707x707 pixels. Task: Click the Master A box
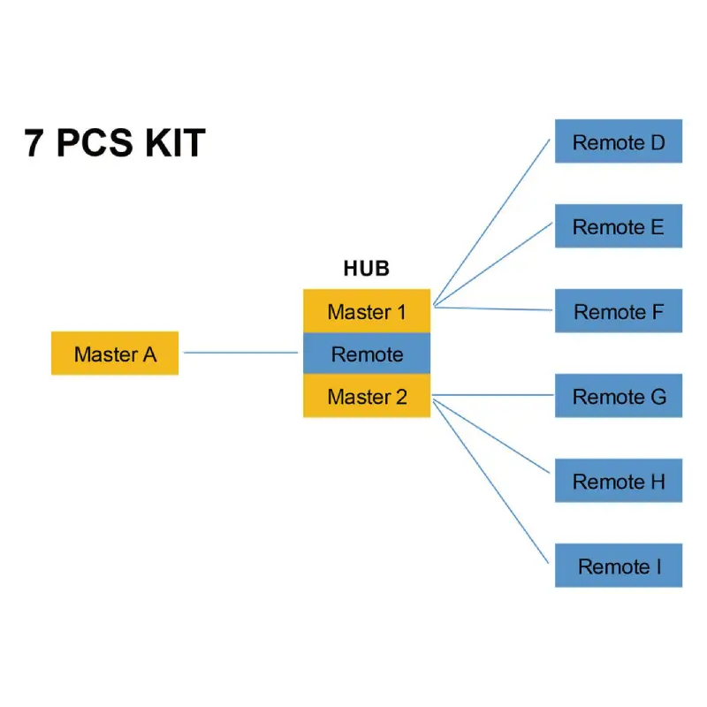pos(115,353)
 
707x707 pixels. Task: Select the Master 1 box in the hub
pos(367,311)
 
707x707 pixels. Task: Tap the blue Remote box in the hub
pos(367,353)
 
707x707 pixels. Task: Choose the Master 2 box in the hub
pos(367,396)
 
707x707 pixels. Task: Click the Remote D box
pos(619,141)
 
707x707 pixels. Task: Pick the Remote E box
pos(619,226)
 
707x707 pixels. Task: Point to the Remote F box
pos(619,311)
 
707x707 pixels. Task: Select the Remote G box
pos(619,396)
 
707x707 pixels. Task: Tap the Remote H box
pos(619,481)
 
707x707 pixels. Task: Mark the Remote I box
pos(619,566)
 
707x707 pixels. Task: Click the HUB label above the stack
pos(366,269)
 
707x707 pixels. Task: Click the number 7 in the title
pos(34,143)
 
